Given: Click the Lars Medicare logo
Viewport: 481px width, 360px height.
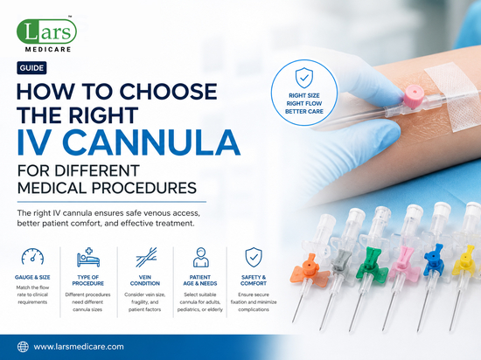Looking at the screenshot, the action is click(46, 34).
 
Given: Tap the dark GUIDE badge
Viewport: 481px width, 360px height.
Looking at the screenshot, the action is click(31, 67).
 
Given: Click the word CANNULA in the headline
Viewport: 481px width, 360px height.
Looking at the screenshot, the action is click(151, 142).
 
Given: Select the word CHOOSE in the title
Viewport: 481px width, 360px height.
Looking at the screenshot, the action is click(168, 91).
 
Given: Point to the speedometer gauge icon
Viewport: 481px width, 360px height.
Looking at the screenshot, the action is click(32, 256).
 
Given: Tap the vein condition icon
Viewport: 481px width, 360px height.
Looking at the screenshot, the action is click(146, 257).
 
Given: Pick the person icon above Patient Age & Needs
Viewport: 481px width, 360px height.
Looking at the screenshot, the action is click(200, 258).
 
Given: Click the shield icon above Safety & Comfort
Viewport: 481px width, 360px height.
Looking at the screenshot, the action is click(254, 257).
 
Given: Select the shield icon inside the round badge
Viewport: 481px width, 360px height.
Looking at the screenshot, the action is click(304, 78).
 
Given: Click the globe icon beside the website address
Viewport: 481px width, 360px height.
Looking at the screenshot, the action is click(23, 347).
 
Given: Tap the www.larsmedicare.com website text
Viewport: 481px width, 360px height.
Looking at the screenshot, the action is click(79, 347).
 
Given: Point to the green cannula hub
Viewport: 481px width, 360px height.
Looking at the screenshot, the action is click(372, 264).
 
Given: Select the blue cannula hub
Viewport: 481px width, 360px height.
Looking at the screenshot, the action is click(434, 260).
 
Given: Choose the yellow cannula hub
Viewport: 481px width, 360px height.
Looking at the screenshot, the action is click(464, 260).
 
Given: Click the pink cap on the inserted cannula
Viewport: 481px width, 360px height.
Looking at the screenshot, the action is click(414, 96).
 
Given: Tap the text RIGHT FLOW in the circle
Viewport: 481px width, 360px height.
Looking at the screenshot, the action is click(304, 104).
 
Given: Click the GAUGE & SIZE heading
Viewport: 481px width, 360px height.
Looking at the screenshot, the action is click(32, 277).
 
